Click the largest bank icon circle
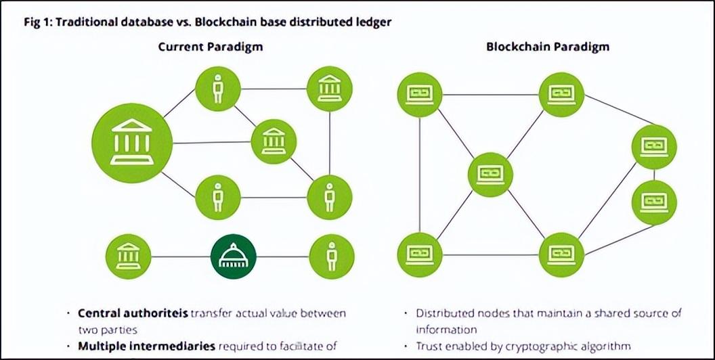(x=132, y=143)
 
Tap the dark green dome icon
(x=234, y=256)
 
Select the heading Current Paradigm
(x=210, y=47)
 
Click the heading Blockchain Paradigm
(x=548, y=47)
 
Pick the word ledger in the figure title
(x=376, y=22)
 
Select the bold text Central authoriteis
(x=133, y=313)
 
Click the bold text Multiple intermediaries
(x=146, y=346)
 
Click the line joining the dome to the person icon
(x=283, y=256)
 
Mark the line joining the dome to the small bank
(x=181, y=256)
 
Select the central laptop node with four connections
(x=490, y=175)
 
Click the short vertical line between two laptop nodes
(x=654, y=175)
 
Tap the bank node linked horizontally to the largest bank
(x=274, y=141)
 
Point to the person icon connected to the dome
(x=332, y=256)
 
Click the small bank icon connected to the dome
(x=128, y=256)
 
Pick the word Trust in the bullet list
(x=428, y=346)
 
